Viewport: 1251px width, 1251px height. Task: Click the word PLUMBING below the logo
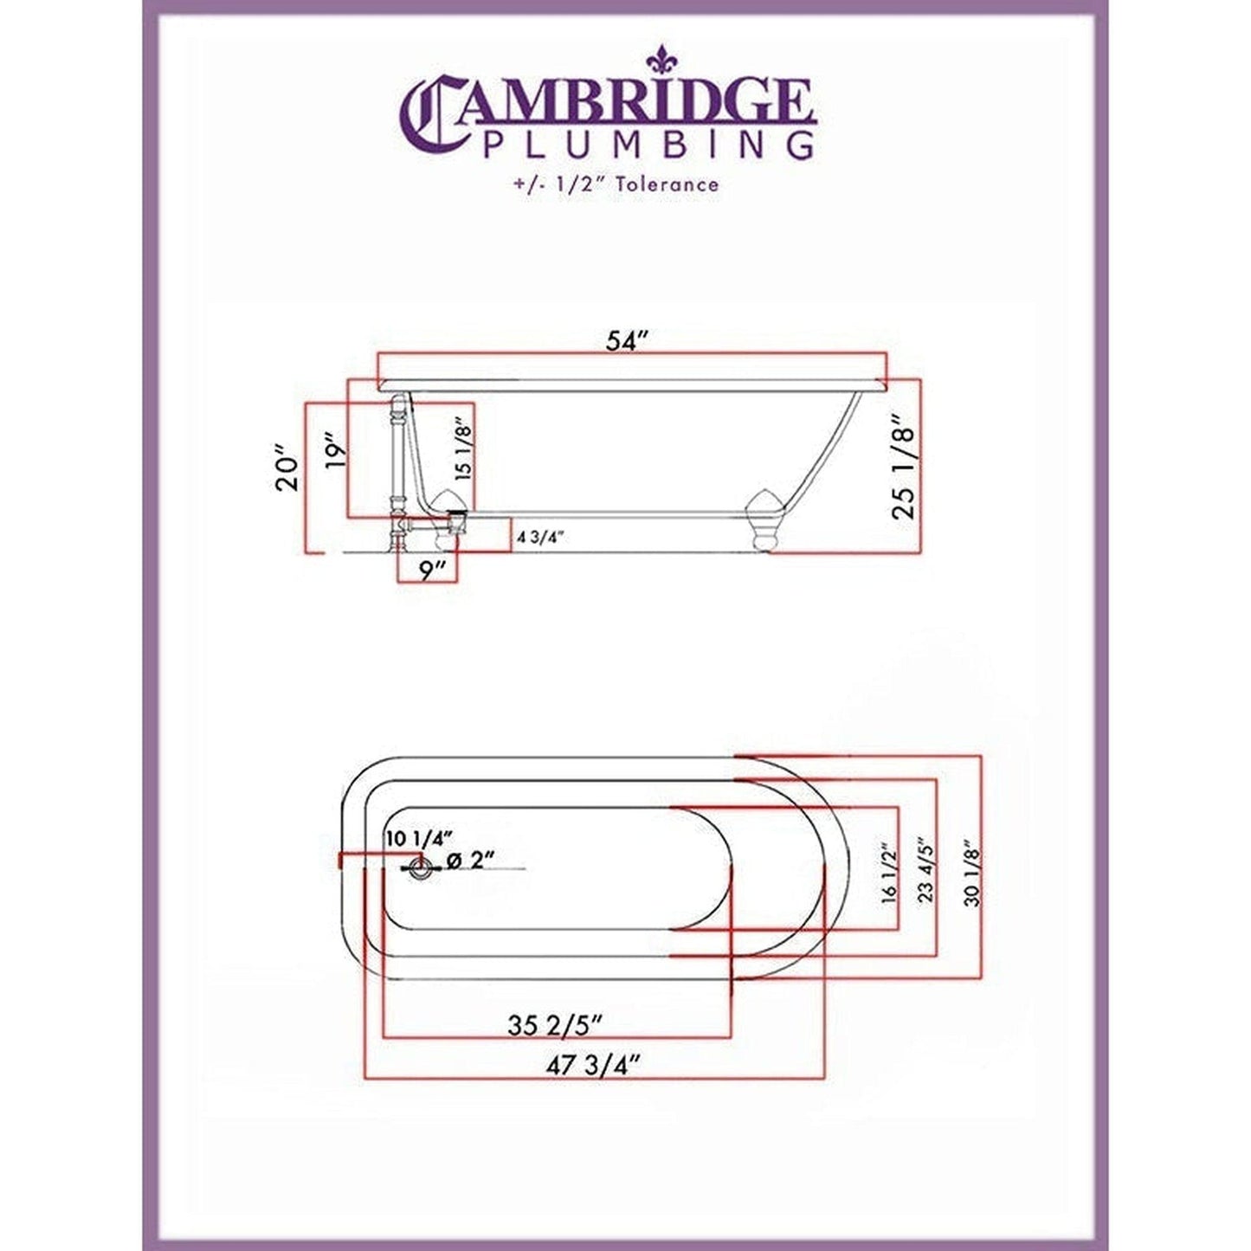pos(647,145)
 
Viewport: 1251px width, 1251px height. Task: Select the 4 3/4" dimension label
pos(540,537)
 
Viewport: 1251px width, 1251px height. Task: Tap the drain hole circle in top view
pos(422,868)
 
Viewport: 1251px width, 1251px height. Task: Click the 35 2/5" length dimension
pos(554,1025)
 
